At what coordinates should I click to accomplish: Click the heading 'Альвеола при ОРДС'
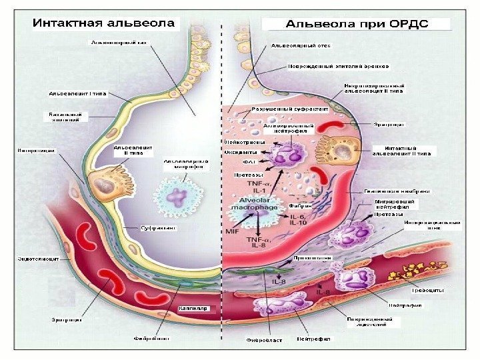coord(357,25)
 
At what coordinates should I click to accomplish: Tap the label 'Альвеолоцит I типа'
coord(78,93)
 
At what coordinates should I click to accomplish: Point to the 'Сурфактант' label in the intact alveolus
coord(158,228)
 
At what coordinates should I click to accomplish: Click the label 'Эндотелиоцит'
coord(35,257)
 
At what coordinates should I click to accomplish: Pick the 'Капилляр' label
coord(194,309)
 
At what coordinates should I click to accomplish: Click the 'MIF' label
coord(233,231)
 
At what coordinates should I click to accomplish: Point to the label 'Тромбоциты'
coord(426,291)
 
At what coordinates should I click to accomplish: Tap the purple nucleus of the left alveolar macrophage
coord(178,196)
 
